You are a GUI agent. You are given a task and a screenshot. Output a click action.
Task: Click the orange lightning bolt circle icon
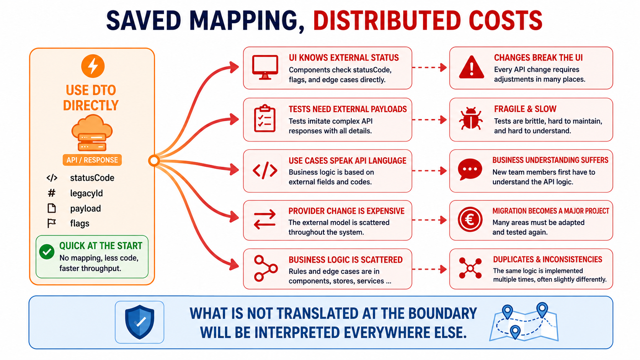pos(93,66)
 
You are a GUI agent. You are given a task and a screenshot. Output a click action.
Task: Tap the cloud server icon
pos(92,133)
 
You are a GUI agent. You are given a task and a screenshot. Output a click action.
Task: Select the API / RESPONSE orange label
pos(92,160)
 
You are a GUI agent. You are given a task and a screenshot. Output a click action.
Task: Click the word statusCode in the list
pos(92,178)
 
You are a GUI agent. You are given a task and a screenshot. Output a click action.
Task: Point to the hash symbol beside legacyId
pos(51,193)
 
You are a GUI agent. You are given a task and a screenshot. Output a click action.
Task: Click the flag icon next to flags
pos(51,223)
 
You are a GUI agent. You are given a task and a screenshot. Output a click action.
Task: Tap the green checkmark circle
pos(47,252)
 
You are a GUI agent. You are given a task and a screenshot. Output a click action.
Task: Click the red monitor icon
pos(265,67)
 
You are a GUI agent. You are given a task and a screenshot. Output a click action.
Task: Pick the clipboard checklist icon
pos(265,119)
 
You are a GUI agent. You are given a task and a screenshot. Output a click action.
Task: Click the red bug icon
pos(471,119)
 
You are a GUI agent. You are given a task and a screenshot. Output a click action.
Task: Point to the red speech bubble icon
pos(470,169)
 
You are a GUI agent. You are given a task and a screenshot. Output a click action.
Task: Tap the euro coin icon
pos(470,220)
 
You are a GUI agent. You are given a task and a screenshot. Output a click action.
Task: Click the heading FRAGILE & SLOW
pos(525,109)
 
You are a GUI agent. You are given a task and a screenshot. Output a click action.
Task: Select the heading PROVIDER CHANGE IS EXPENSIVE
pos(346,211)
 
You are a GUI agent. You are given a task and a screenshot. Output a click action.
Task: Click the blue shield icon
pos(139,322)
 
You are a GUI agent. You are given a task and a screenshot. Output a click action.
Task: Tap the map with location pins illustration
pos(524,322)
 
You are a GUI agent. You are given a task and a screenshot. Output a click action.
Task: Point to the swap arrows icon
pos(265,220)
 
